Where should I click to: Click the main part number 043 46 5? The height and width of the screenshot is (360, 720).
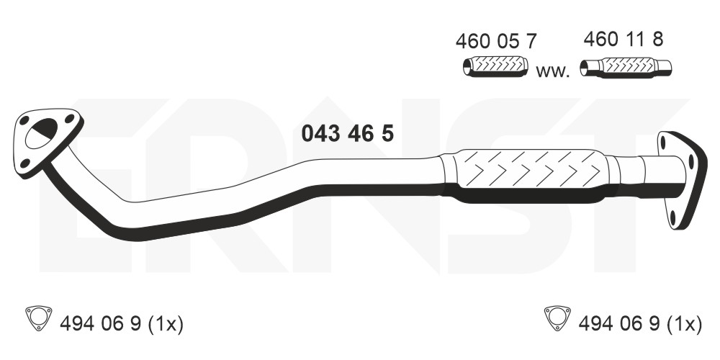348,134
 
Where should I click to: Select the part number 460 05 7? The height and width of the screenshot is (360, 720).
496,41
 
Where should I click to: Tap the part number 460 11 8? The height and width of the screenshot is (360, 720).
623,40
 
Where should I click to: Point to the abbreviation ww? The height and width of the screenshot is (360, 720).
553,72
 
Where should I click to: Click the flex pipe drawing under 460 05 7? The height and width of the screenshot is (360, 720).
495,66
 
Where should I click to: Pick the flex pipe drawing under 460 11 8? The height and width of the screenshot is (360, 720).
626,68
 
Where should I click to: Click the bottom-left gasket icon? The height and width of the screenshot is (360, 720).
39,318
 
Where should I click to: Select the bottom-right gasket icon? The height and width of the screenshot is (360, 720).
557,318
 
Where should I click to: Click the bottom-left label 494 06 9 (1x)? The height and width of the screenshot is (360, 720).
122,324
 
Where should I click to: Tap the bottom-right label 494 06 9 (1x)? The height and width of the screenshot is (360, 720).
640,324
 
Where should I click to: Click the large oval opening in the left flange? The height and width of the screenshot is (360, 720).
41,134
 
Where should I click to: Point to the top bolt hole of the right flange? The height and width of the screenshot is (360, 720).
662,143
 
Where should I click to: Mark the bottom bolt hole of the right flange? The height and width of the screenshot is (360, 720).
673,218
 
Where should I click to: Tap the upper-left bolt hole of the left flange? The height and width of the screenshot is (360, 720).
24,120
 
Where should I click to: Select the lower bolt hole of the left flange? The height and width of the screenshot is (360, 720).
26,163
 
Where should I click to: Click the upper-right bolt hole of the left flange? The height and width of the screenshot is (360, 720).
69,119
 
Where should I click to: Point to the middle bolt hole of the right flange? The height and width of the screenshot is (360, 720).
691,161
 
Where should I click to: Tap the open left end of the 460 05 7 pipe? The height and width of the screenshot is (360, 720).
467,68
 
